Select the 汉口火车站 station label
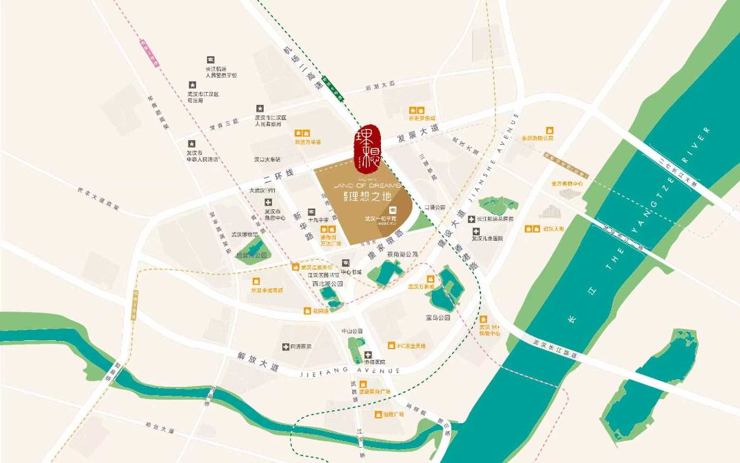pos(267,159)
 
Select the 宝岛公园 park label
pos(437,318)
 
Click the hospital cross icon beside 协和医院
pos(358,353)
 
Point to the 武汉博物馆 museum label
pos(244,235)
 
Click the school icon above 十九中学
pos(312,211)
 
